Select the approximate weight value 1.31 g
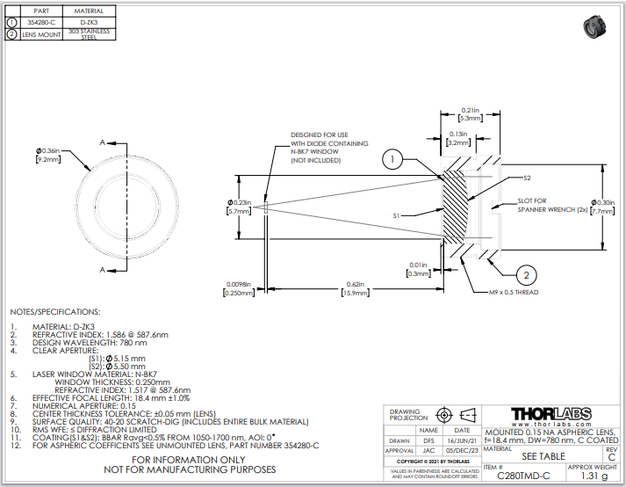pos(593,476)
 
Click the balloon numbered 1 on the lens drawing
pos(393,160)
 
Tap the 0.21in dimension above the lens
pos(469,110)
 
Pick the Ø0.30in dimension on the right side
pos(604,202)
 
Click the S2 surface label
pos(527,178)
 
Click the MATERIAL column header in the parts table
pos(89,11)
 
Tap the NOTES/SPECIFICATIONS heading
pos(55,312)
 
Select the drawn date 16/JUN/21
pos(462,440)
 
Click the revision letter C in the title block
pos(611,457)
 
